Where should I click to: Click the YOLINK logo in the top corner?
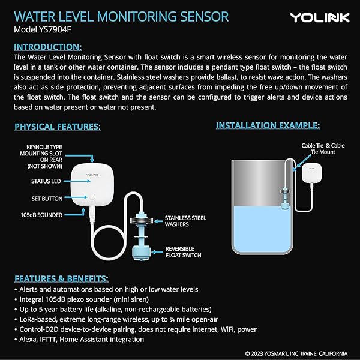(x=320, y=17)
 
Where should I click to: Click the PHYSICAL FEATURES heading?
(x=58, y=127)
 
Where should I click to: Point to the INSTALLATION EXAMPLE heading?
(x=268, y=125)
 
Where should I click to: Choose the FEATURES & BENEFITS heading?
(x=61, y=278)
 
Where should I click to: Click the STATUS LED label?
(x=45, y=181)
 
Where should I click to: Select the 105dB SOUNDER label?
(x=41, y=214)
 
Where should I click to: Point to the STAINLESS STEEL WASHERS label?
(x=185, y=221)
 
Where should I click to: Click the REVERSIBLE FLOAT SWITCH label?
(x=184, y=251)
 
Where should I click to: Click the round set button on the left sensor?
(x=92, y=197)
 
